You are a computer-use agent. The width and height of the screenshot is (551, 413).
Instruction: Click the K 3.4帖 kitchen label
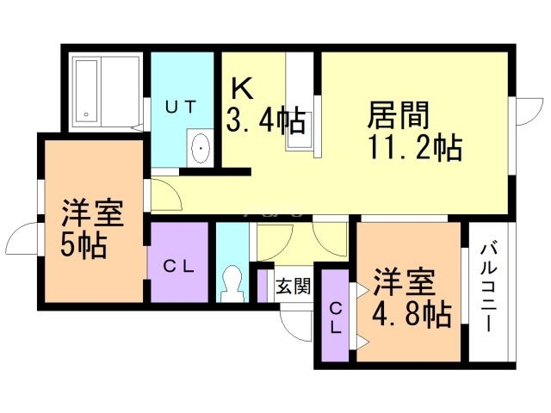pos(265,108)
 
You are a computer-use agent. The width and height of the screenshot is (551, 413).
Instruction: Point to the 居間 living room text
pos(399,114)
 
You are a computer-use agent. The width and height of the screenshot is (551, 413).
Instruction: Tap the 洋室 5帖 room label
pos(90,229)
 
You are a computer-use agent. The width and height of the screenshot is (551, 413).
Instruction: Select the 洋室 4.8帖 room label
pos(411,299)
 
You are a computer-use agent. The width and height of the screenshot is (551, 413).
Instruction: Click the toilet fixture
pos(231,279)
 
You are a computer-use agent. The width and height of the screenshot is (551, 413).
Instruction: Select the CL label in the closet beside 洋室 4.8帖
pos(336,317)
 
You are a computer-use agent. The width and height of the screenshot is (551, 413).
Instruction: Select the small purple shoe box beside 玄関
pos(263,286)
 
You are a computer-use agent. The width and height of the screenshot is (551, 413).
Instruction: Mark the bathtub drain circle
pos(86,114)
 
